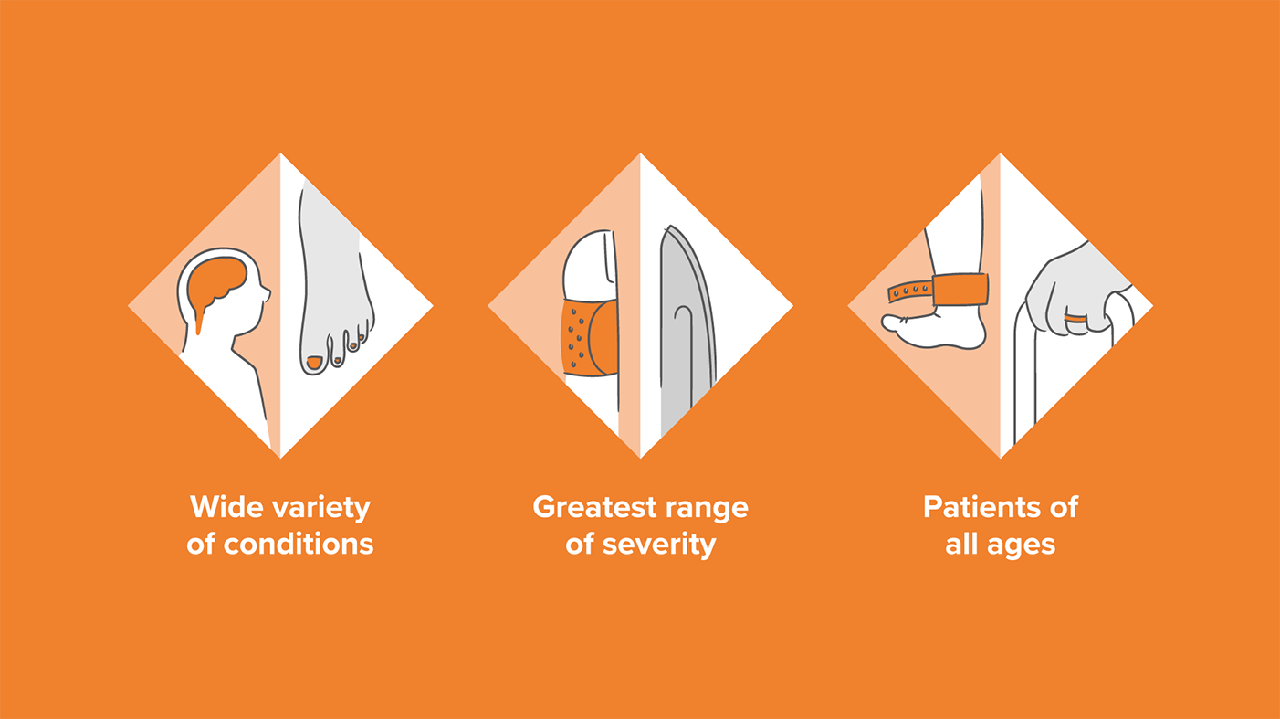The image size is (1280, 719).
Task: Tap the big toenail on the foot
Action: point(314,363)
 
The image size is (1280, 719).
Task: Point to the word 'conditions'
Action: point(299,544)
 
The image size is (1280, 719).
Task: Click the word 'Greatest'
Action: point(593,507)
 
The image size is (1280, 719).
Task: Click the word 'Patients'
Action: point(980,507)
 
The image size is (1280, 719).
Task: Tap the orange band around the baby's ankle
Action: point(960,290)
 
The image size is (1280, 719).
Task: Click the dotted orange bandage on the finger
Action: point(590,339)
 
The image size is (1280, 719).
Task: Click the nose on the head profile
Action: point(267,294)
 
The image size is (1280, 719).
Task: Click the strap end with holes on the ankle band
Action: point(909,292)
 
